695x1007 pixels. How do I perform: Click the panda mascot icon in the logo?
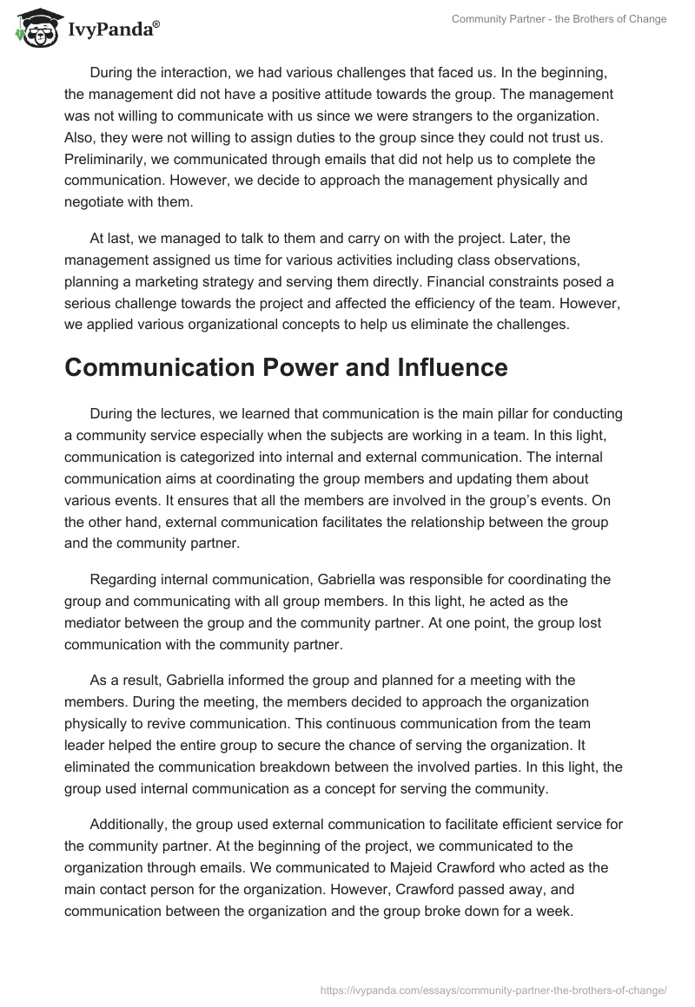pos(32,30)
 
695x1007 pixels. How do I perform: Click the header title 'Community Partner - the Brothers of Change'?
pos(559,20)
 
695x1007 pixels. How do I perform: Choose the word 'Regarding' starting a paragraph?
pos(122,579)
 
